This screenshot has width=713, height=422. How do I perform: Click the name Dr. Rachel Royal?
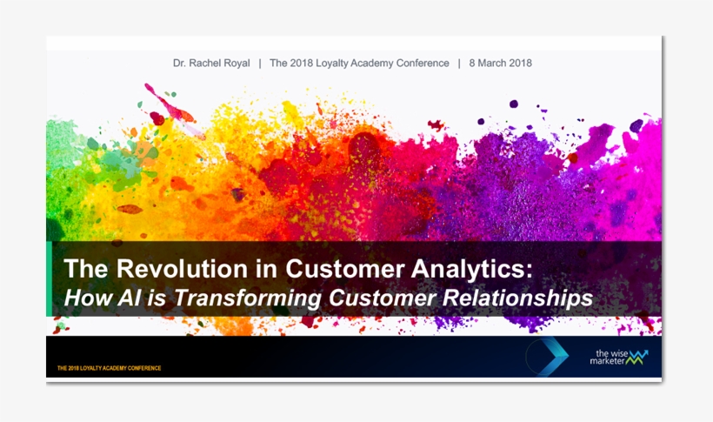point(211,63)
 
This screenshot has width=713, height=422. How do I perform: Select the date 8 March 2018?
point(500,63)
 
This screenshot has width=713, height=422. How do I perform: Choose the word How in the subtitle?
point(86,298)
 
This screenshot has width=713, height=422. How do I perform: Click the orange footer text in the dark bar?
point(109,368)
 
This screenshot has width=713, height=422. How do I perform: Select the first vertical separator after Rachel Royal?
point(259,63)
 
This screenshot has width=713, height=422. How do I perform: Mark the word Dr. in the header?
point(181,63)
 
